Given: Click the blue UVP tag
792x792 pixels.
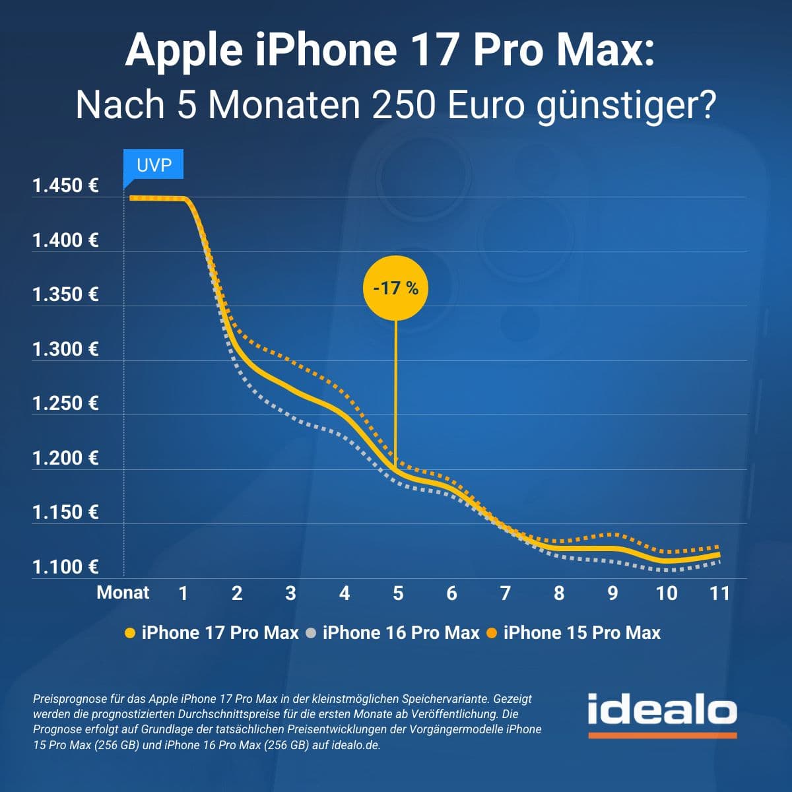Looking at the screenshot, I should click(x=154, y=165).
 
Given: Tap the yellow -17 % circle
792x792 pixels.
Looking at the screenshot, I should click(x=395, y=288).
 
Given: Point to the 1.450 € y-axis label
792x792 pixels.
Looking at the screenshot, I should click(x=65, y=186).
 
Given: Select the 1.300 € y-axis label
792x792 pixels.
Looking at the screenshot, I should click(x=65, y=349).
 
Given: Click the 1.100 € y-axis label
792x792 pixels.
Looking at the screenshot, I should click(x=65, y=567).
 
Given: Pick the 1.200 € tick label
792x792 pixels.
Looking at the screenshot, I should click(x=65, y=458).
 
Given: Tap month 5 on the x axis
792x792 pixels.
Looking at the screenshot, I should click(x=398, y=593).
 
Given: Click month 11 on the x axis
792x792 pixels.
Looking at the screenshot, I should click(x=719, y=593).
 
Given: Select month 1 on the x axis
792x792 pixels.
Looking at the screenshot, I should click(x=183, y=593).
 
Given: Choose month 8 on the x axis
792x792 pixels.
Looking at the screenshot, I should click(x=559, y=593).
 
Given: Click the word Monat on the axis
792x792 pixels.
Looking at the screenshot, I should click(x=123, y=593).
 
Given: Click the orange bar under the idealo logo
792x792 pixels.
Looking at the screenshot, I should click(x=662, y=735).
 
